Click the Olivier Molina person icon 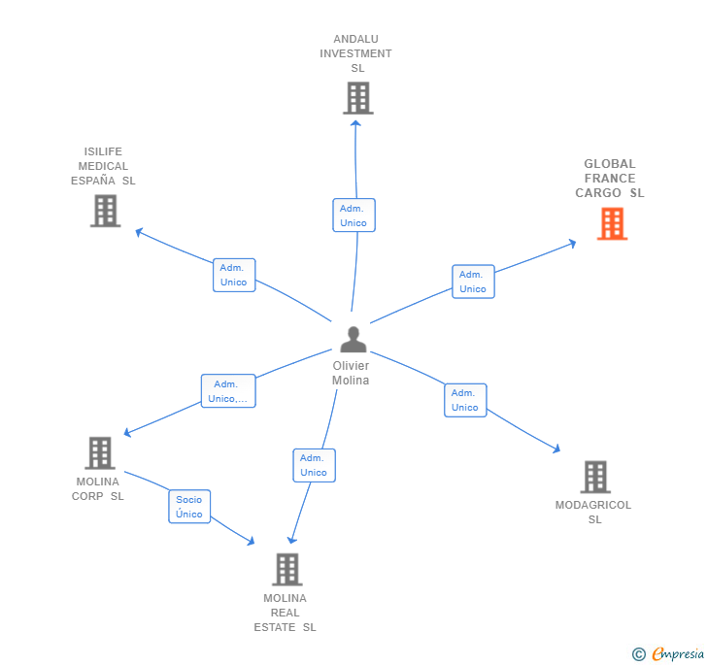pyautogui.click(x=353, y=340)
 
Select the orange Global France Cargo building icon pyautogui.click(x=611, y=224)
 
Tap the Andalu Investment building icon pyautogui.click(x=357, y=98)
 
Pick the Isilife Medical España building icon pyautogui.click(x=105, y=211)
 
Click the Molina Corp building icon pyautogui.click(x=99, y=453)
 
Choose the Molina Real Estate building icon pyautogui.click(x=286, y=569)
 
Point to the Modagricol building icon pyautogui.click(x=595, y=477)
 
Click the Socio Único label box pyautogui.click(x=189, y=507)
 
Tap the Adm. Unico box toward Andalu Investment pyautogui.click(x=353, y=216)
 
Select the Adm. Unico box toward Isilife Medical pyautogui.click(x=234, y=275)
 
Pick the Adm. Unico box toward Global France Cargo pyautogui.click(x=473, y=282)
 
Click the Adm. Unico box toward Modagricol pyautogui.click(x=465, y=400)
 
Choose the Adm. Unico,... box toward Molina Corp pyautogui.click(x=228, y=391)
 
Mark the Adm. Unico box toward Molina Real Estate pyautogui.click(x=314, y=465)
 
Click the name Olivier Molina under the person pyautogui.click(x=351, y=373)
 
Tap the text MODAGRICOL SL pyautogui.click(x=593, y=512)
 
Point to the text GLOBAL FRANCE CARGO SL pyautogui.click(x=609, y=179)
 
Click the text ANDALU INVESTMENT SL pyautogui.click(x=355, y=53)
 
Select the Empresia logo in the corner pyautogui.click(x=669, y=653)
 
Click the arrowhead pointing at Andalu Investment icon pyautogui.click(x=355, y=122)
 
